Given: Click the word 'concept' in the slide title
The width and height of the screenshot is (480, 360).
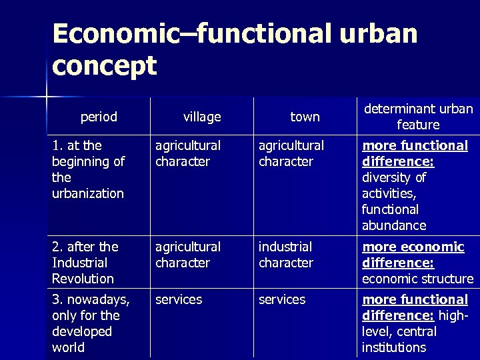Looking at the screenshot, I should tap(104, 66).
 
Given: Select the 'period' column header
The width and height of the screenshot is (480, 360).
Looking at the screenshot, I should tap(99, 117).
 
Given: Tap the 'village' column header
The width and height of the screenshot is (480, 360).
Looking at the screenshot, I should tap(202, 117).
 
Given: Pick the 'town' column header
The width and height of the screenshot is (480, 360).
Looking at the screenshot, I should tap(305, 117).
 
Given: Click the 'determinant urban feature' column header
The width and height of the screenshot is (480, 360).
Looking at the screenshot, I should tap(418, 117).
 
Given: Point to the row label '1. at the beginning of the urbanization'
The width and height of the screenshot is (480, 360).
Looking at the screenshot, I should tap(88, 169).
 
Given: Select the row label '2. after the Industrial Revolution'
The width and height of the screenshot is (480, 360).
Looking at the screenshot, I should tap(85, 263).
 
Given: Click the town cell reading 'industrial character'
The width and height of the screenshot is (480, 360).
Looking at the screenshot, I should tap(286, 255).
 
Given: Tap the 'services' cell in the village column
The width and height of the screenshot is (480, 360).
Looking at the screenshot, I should tap(179, 299).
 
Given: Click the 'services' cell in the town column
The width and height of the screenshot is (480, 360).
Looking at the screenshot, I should tap(282, 299).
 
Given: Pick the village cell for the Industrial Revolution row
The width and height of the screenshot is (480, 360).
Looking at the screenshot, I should tap(188, 255).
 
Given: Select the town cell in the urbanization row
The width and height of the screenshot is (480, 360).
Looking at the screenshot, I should tap(291, 153).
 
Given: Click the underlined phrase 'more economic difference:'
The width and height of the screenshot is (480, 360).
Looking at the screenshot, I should tap(413, 255).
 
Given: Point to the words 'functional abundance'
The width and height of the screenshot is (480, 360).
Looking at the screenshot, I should tap(394, 217).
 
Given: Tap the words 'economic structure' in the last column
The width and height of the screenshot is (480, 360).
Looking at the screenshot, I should tap(418, 279).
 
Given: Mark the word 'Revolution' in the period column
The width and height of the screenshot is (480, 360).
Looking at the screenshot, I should tap(83, 279).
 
